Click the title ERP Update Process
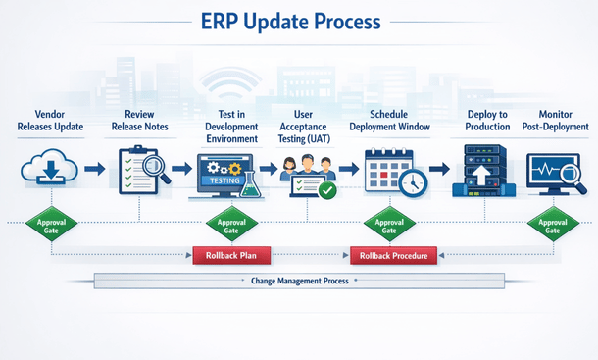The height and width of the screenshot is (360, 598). coord(298,23)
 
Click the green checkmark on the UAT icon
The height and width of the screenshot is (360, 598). coord(327,190)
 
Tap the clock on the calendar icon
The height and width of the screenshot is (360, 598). coord(412,182)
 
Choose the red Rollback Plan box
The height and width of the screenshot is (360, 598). coord(224,256)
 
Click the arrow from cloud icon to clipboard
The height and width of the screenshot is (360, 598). coord(94,170)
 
